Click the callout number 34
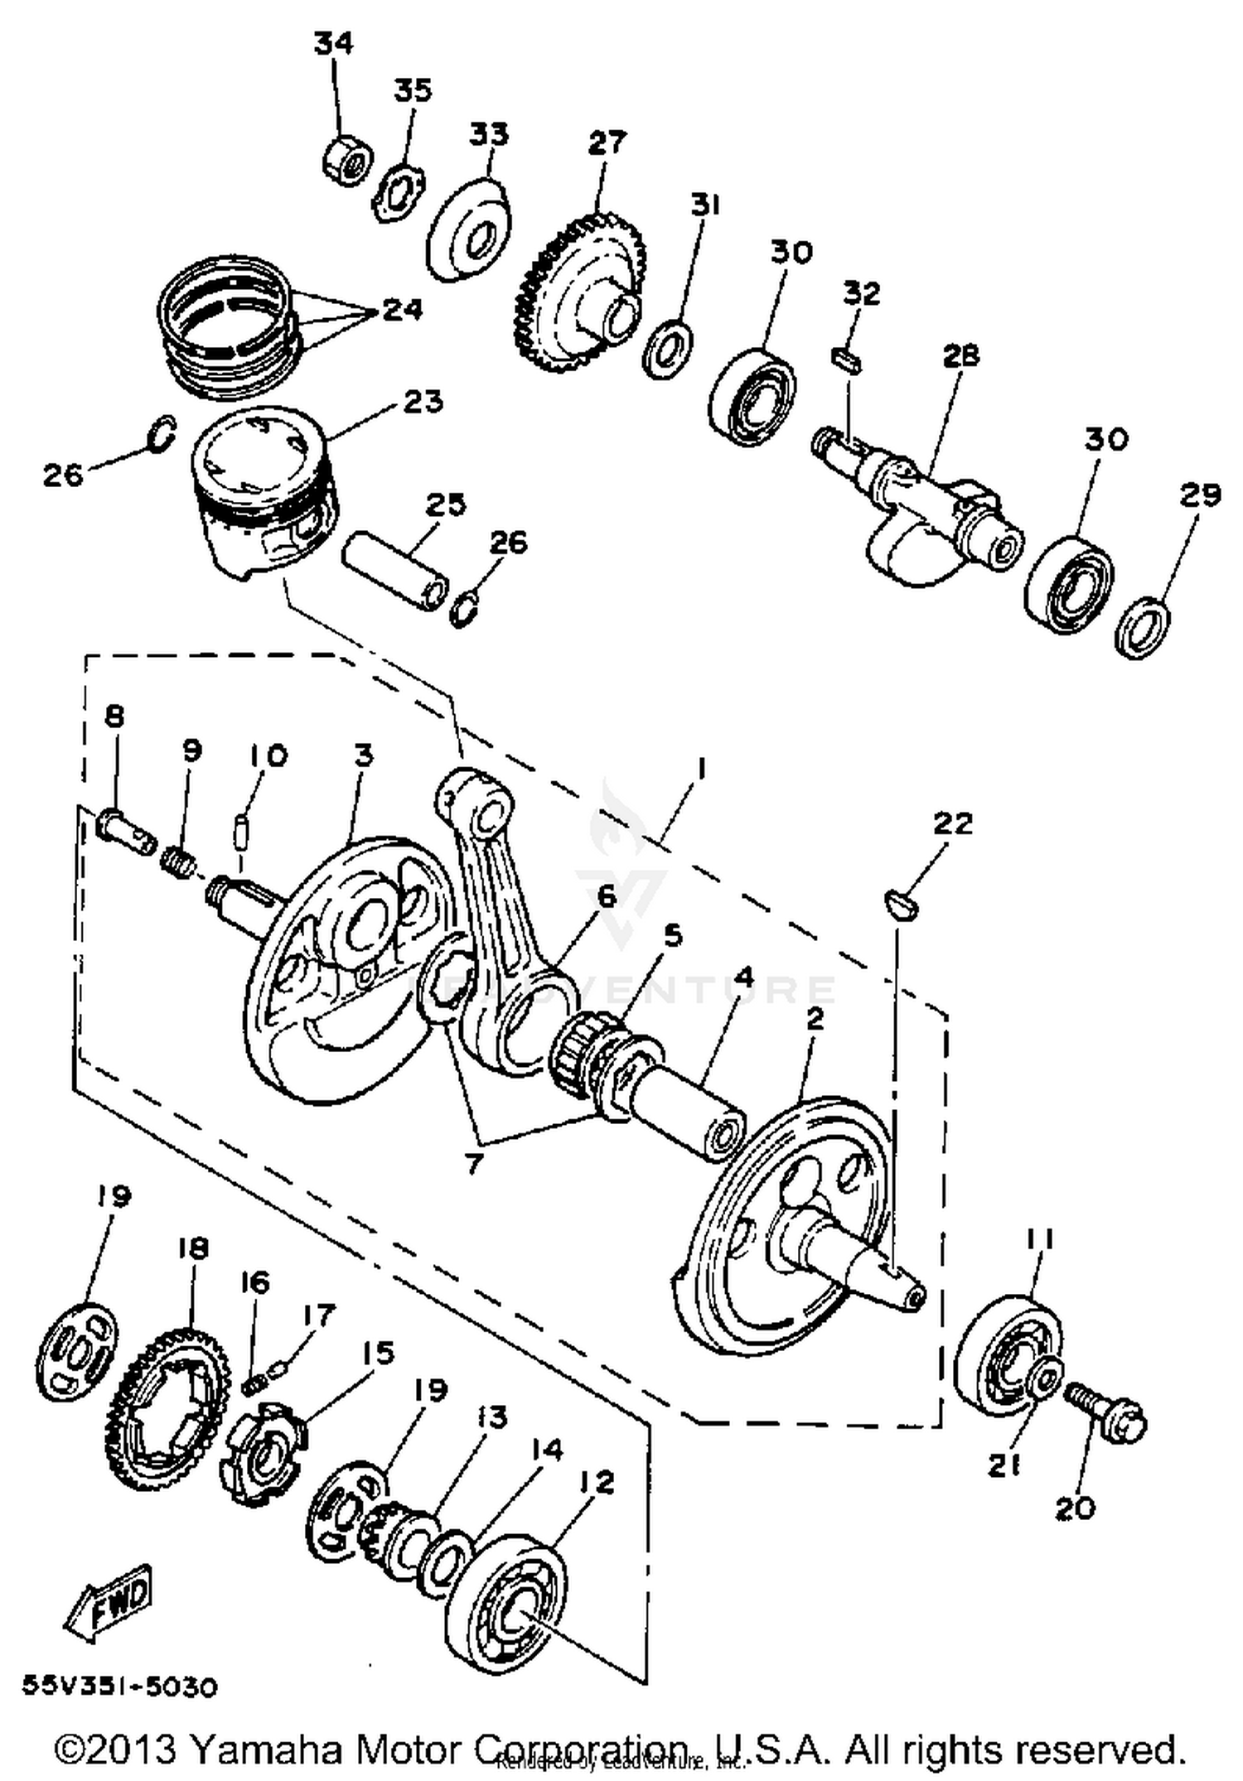[x=333, y=42]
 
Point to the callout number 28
[x=960, y=355]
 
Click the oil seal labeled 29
[x=1144, y=627]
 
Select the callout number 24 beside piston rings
[x=403, y=310]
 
